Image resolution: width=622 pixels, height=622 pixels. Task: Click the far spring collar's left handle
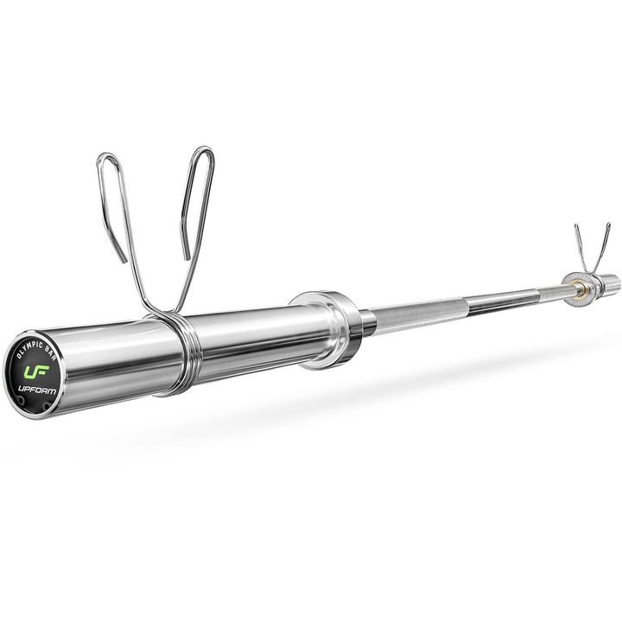[x=580, y=244]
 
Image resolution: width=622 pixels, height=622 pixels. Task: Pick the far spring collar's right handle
[x=604, y=242]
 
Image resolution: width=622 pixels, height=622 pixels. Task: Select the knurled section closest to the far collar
[x=527, y=293]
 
